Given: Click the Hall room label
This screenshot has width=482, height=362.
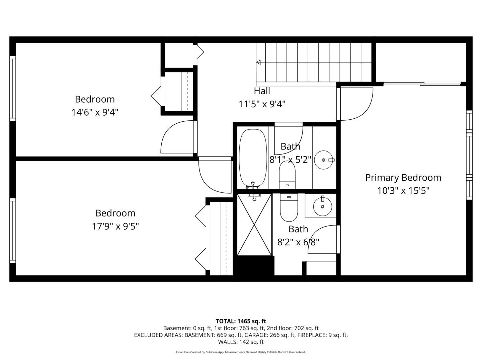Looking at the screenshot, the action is tap(262, 91).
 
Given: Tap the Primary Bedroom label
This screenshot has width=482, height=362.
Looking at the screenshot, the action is tap(403, 178).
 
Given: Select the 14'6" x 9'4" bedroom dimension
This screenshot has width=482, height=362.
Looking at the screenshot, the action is tap(95, 113).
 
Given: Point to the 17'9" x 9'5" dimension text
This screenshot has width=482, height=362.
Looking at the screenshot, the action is tap(115, 226).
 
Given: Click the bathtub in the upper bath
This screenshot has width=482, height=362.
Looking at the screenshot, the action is tap(253, 158).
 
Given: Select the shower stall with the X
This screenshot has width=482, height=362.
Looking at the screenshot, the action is tap(254, 225).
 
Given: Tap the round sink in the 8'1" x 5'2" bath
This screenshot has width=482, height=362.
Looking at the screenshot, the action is tap(323, 160).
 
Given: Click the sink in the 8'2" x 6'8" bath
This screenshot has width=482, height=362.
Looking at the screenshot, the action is tap(323, 206).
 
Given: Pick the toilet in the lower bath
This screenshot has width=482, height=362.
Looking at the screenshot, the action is tap(289, 207).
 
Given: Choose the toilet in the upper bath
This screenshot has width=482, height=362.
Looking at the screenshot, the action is tap(287, 175).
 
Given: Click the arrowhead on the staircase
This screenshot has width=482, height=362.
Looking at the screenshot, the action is tap(258, 62).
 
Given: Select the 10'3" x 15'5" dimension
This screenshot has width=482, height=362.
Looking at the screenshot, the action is tap(403, 191).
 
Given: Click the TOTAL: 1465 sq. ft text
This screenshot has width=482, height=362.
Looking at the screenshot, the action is tap(241, 321).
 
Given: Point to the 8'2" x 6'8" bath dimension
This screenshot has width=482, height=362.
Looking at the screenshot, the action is tap(298, 242).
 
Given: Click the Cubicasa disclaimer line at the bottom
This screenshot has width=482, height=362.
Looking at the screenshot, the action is tap(241, 352).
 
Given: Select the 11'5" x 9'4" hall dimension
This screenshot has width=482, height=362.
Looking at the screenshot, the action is tap(262, 104).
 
